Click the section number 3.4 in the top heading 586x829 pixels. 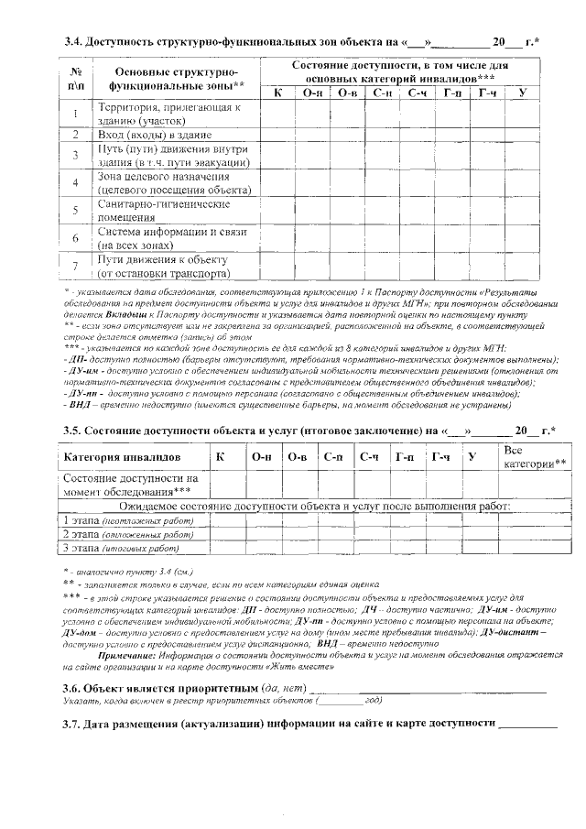(x=73, y=42)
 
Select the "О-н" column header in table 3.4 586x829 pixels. (x=312, y=93)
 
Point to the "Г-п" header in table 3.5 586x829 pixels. (x=403, y=456)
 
